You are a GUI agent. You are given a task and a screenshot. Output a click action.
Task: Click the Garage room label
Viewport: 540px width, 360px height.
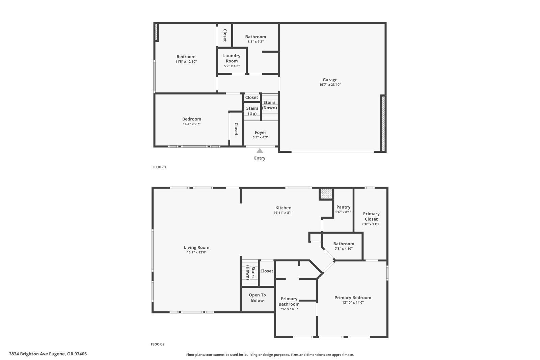(x=330, y=80)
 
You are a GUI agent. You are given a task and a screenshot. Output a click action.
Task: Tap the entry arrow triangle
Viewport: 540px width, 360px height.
(x=260, y=151)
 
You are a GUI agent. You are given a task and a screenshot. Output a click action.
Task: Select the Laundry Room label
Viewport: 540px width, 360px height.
(x=232, y=58)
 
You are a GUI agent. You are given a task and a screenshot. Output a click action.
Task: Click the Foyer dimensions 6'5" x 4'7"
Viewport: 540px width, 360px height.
(x=260, y=137)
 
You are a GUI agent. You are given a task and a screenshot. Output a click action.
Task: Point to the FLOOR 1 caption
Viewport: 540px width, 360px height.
(x=159, y=167)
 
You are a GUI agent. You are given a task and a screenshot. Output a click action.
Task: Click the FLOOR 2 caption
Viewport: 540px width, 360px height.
(x=158, y=344)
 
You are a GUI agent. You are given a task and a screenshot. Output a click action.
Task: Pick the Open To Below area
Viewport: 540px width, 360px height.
(x=258, y=300)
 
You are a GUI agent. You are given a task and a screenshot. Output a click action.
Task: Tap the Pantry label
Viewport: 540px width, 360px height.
(x=343, y=207)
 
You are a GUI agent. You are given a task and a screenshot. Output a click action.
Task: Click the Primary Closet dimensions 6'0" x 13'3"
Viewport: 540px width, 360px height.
(x=371, y=224)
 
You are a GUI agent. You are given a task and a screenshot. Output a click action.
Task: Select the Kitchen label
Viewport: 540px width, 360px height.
(x=283, y=208)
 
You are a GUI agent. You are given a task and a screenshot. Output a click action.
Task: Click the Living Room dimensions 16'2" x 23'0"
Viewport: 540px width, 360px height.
(x=197, y=252)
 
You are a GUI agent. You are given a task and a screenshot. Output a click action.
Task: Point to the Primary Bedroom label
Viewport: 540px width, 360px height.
(x=353, y=298)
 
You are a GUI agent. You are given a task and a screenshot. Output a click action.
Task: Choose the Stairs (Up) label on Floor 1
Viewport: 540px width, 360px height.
(x=252, y=111)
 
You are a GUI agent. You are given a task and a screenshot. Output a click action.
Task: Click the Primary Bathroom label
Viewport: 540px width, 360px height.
(x=289, y=301)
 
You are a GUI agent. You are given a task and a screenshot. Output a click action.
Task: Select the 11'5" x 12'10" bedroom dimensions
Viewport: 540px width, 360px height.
(x=186, y=62)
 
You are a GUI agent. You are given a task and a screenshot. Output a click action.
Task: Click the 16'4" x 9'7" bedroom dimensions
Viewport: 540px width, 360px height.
(x=192, y=124)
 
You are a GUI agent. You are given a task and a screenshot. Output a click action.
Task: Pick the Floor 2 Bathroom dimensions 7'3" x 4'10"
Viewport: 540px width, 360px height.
(x=344, y=249)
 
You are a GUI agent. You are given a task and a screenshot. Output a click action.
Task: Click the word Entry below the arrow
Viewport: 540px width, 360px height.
(x=260, y=158)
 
